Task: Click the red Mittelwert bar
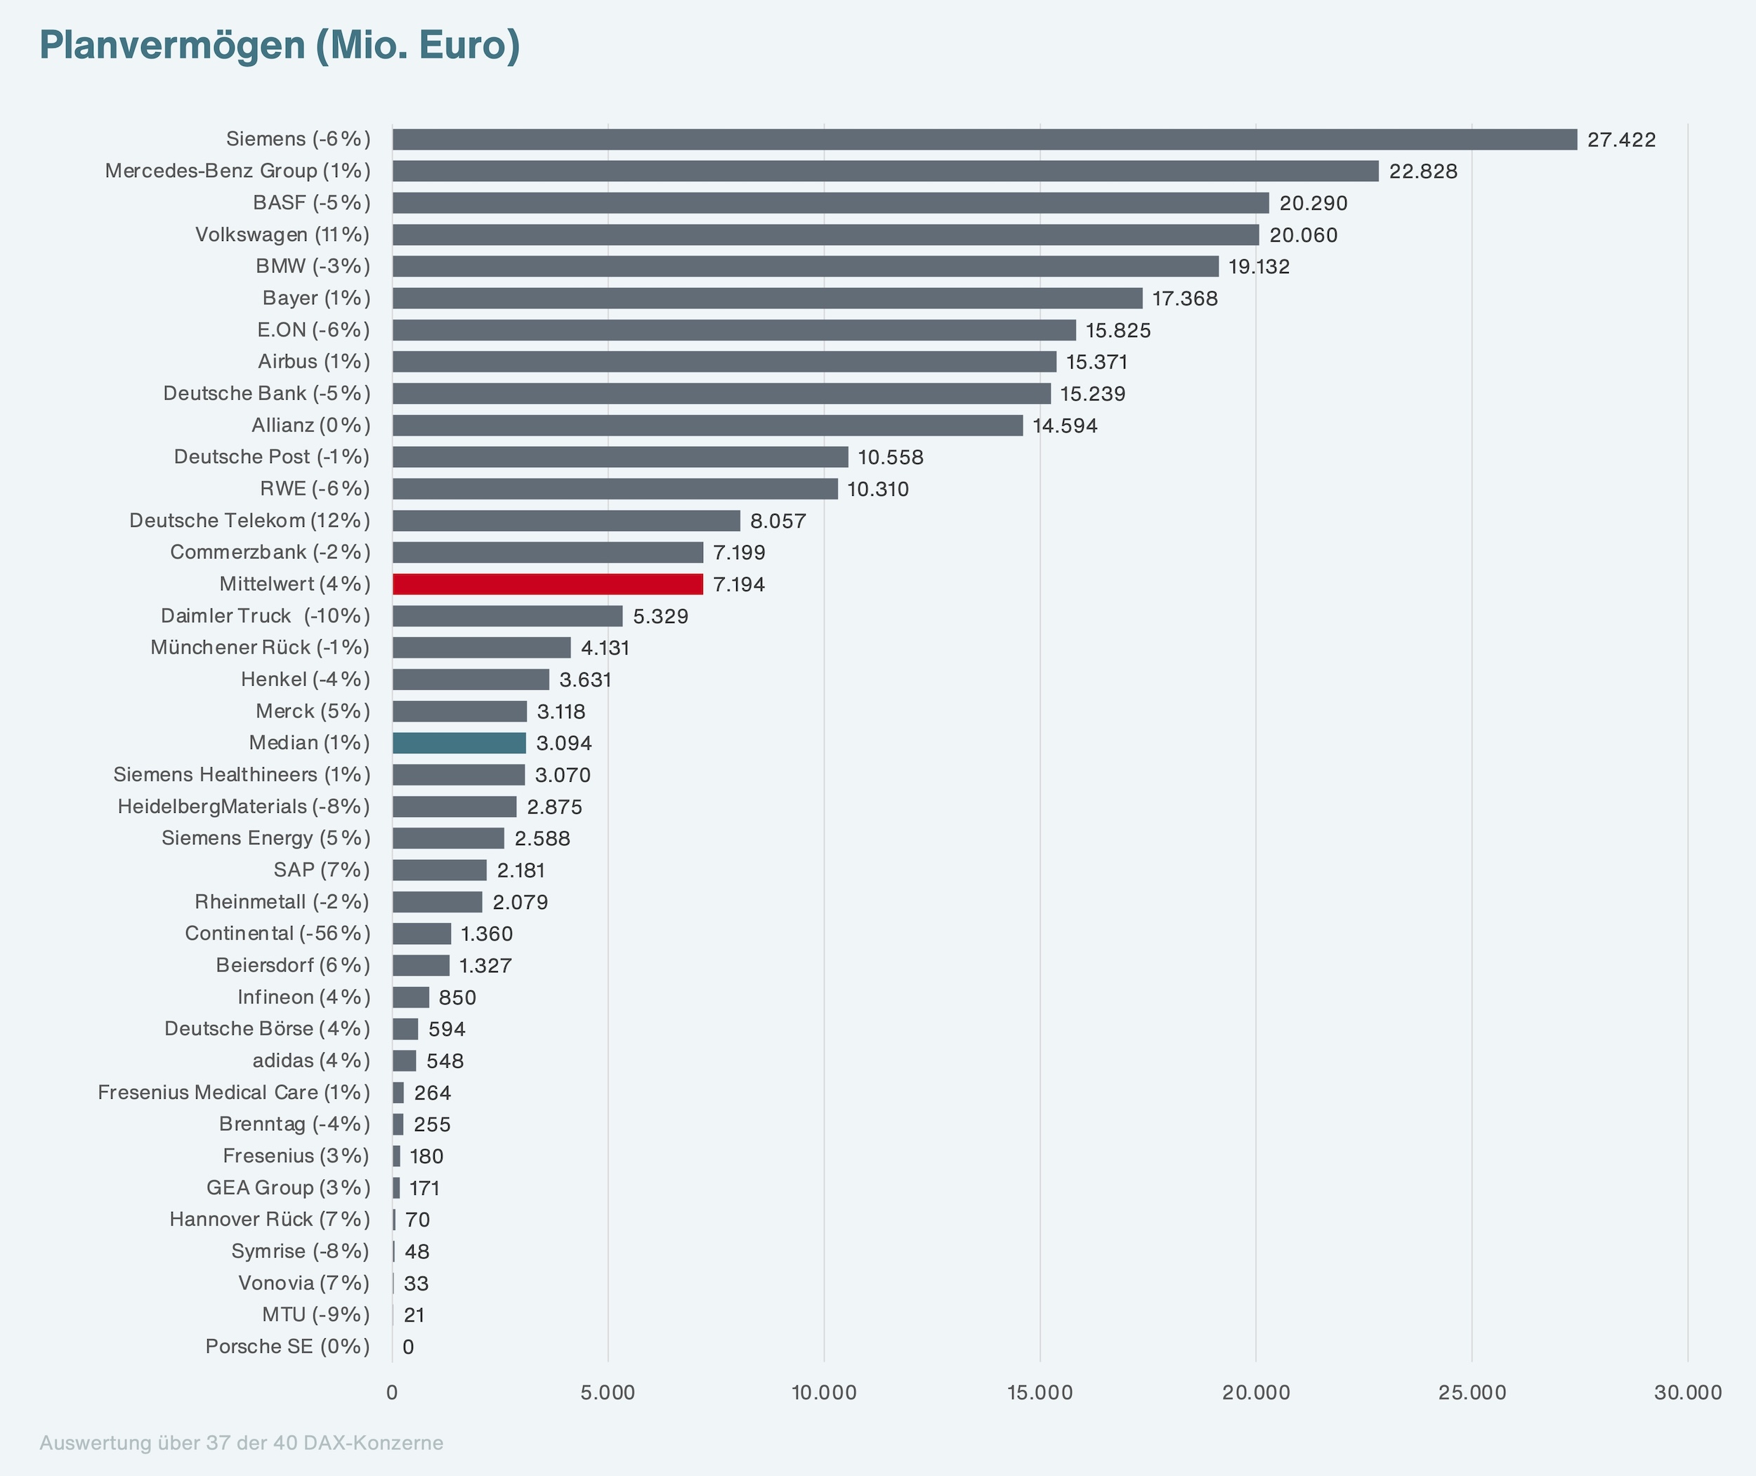click(548, 584)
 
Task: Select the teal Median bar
click(459, 743)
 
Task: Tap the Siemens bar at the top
click(985, 140)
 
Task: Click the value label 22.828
click(1423, 171)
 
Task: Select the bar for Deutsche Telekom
click(566, 521)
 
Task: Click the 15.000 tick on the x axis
click(1040, 1392)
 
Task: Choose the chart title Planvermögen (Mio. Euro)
click(280, 45)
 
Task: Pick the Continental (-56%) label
click(277, 934)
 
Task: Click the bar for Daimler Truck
click(508, 616)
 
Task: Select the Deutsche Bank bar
click(722, 393)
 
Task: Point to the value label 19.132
click(1259, 267)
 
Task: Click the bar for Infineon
click(411, 998)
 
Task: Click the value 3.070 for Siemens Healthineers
click(563, 776)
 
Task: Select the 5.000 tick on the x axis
click(608, 1392)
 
